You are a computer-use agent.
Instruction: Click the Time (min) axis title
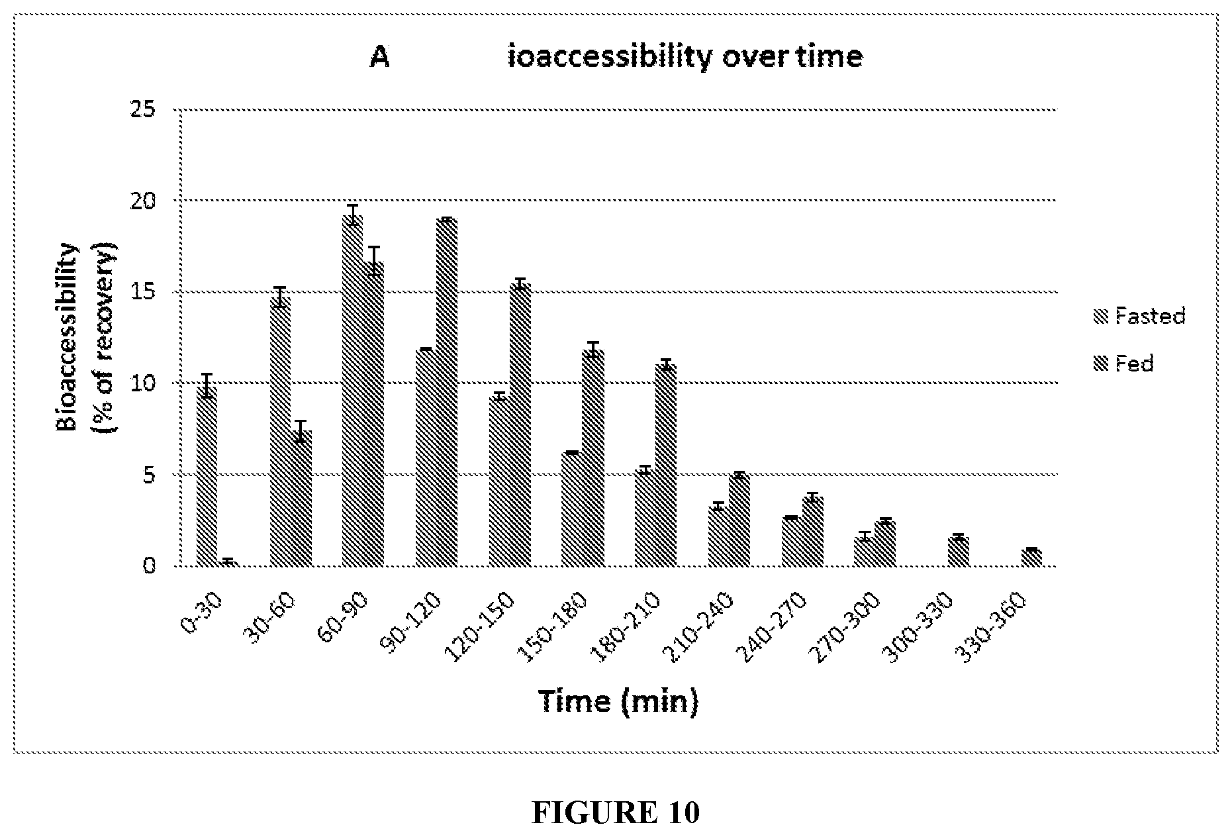coord(618,701)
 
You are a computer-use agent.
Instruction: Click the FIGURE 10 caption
coord(615,812)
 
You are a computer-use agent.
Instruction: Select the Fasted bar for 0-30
coord(207,477)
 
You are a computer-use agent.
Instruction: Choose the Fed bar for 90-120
coord(447,393)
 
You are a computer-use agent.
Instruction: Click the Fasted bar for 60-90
coord(352,391)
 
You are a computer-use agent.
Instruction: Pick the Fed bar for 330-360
coord(1031,558)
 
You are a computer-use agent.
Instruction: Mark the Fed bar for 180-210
coord(666,466)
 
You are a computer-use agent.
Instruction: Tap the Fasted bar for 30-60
coord(279,432)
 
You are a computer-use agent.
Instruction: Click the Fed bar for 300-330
coord(958,552)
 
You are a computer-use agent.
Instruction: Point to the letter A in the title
coord(379,57)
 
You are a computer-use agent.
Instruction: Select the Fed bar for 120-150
coord(520,425)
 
